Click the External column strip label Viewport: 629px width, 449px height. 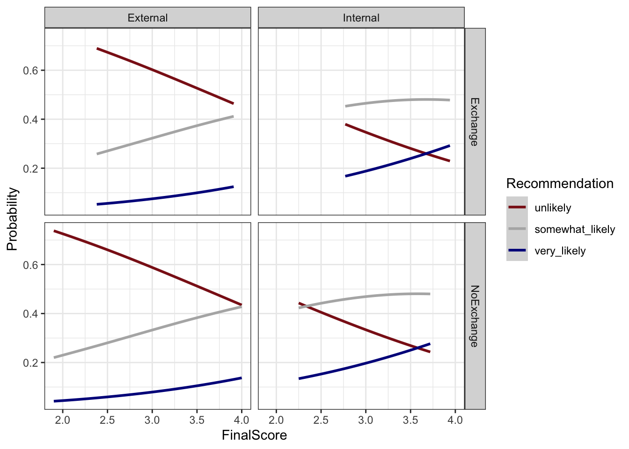click(147, 18)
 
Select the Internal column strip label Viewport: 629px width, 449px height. click(361, 18)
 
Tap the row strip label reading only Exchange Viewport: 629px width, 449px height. click(475, 122)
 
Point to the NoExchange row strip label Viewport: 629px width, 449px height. click(475, 316)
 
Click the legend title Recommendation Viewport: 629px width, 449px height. click(560, 183)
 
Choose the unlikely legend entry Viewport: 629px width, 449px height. click(553, 208)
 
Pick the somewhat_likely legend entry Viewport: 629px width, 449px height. click(575, 229)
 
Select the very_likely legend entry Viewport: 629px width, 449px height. click(560, 251)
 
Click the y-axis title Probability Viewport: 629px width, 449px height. click(13, 219)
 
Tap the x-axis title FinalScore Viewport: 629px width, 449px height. click(254, 435)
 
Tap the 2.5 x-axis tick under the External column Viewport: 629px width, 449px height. click(107, 420)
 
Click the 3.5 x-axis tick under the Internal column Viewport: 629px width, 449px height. click(410, 420)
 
